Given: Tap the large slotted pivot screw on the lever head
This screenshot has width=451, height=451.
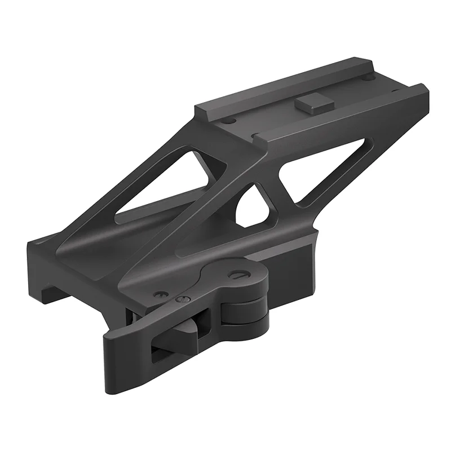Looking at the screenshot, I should (x=238, y=275).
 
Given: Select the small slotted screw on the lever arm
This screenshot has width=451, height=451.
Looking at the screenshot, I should (x=181, y=299).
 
